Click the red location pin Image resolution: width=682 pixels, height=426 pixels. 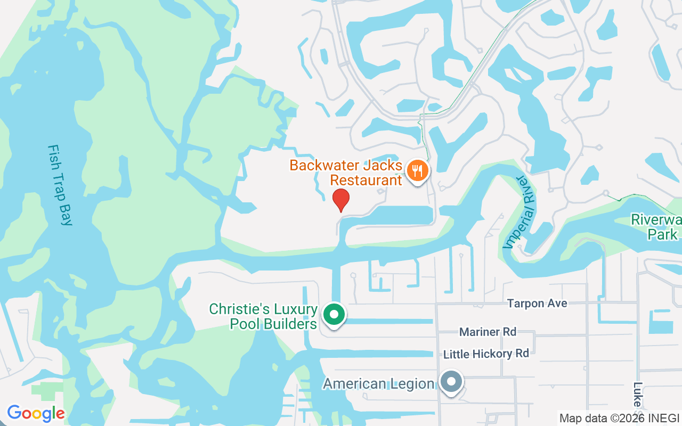341,200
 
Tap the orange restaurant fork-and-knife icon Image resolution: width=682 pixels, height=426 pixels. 418,171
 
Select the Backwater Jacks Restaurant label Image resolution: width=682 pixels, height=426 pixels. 346,173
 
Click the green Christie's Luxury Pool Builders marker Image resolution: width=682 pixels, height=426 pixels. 334,314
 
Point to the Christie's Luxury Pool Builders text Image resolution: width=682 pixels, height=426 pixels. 263,316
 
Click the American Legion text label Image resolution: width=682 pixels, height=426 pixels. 379,383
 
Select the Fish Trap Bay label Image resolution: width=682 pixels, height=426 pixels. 60,185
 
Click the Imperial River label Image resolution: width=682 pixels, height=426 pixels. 519,211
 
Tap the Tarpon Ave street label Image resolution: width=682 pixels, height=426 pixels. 537,304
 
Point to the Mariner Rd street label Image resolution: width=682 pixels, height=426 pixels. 488,332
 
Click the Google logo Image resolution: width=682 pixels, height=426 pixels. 36,413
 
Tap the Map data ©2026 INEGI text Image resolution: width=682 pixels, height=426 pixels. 619,418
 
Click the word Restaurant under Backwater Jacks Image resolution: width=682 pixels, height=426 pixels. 366,180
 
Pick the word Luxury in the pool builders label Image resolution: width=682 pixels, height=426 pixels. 296,309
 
